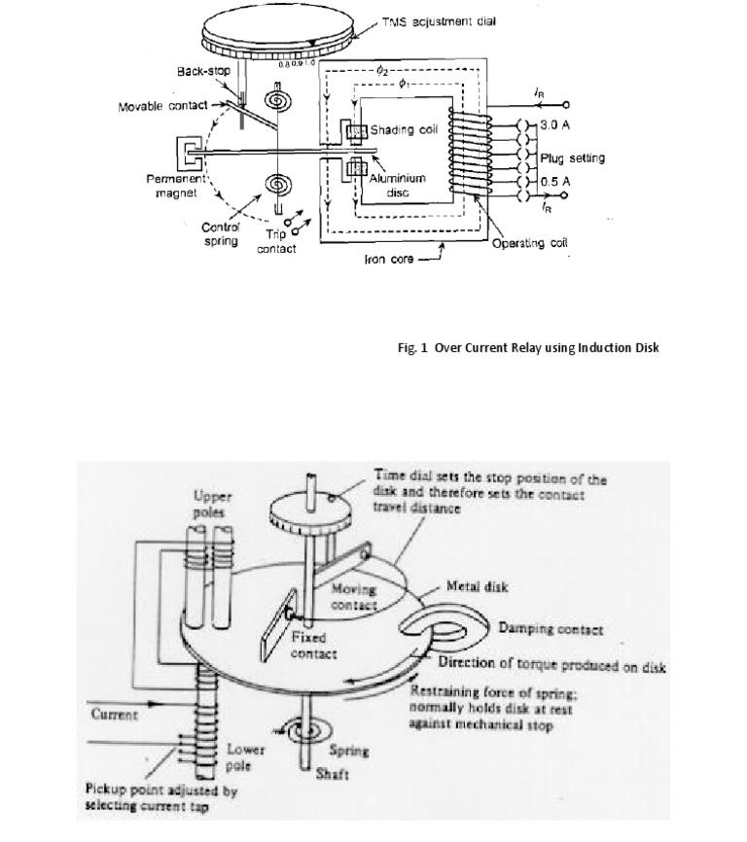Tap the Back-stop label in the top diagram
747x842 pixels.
click(x=202, y=73)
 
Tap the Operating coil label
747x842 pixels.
click(x=530, y=243)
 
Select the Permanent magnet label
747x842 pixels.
click(x=172, y=187)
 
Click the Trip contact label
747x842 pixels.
click(x=275, y=241)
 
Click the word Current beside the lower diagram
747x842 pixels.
click(x=116, y=714)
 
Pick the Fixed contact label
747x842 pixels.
click(x=313, y=647)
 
